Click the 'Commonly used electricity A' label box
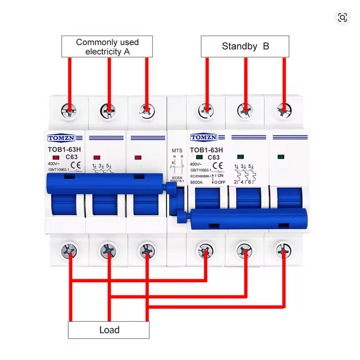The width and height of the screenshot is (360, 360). tap(107, 47)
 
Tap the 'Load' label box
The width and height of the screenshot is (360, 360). tap(109, 329)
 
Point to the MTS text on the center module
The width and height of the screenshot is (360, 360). tap(177, 149)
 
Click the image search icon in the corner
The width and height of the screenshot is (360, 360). tap(343, 17)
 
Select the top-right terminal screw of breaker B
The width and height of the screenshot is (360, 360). tap(283, 110)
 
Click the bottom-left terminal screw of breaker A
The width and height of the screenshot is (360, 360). tap(69, 251)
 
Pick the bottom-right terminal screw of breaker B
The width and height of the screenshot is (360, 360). tap(283, 251)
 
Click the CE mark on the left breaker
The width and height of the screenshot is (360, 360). tap(77, 165)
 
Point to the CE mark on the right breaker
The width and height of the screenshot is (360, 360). tap(217, 164)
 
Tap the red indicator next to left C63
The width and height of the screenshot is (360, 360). tap(56, 157)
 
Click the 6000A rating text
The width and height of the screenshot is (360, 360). tap(197, 183)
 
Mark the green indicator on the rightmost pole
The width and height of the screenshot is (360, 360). tap(280, 157)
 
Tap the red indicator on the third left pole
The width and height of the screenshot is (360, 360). tap(137, 157)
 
